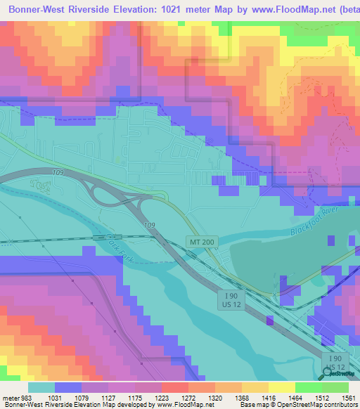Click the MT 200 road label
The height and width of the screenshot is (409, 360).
click(201, 241)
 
